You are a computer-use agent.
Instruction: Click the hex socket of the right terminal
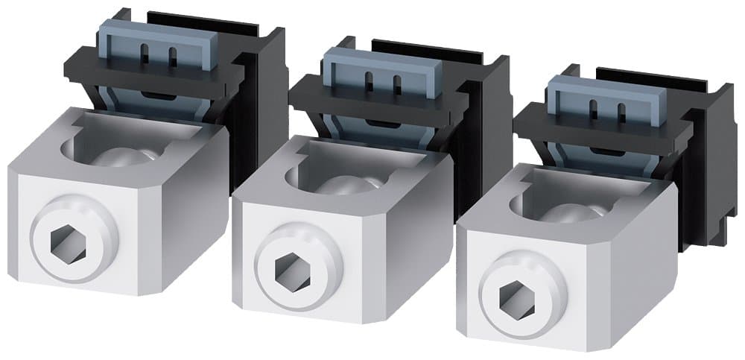coord(513,293)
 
